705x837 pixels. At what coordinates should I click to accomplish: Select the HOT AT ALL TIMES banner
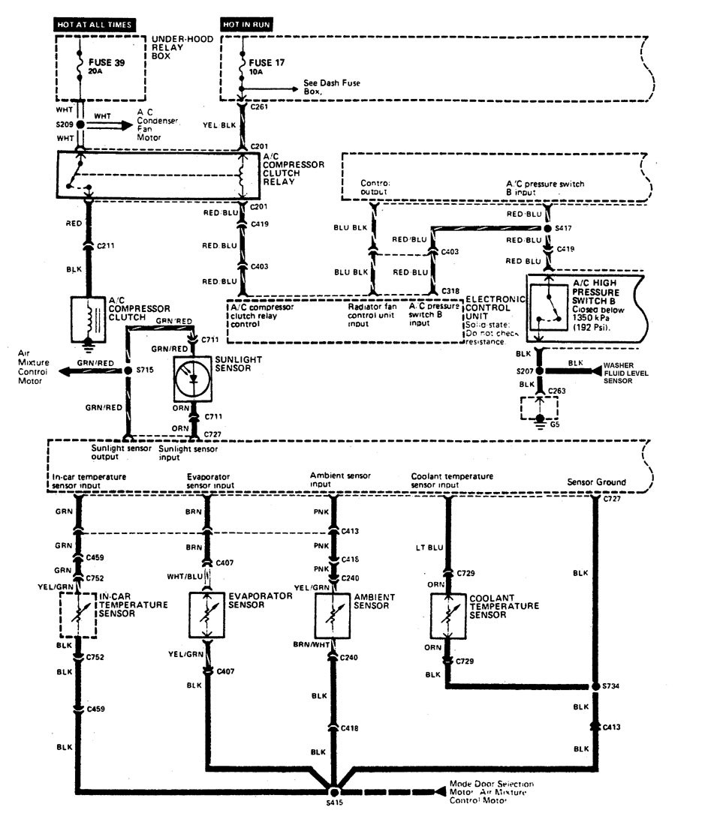(95, 24)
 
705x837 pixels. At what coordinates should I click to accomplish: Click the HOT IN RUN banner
(246, 24)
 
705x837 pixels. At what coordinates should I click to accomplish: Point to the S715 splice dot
(128, 370)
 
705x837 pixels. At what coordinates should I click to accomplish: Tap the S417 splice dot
(547, 226)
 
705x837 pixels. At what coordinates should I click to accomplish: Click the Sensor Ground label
(597, 482)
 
